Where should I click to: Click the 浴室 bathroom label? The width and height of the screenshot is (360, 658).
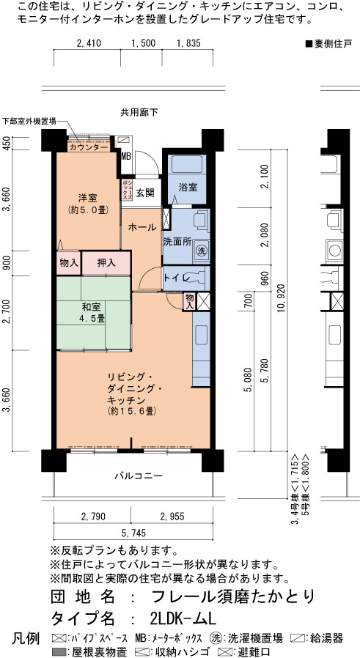tap(188, 188)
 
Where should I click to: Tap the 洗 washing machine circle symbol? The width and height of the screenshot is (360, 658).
tap(202, 251)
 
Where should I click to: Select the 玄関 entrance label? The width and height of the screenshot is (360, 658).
tap(144, 193)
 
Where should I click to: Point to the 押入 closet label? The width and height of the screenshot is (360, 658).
tap(106, 263)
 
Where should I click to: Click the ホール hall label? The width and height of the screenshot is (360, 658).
tap(142, 227)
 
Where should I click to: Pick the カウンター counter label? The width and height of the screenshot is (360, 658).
tap(89, 147)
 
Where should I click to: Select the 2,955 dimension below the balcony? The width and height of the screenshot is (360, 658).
tap(172, 516)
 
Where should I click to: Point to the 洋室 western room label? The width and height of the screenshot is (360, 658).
tap(88, 203)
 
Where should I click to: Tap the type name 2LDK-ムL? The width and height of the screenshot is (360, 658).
tap(183, 618)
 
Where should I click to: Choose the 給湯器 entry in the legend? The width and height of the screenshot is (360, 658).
tap(318, 639)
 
